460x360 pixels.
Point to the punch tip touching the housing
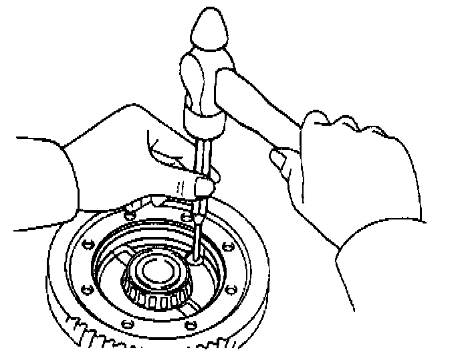tap(195, 258)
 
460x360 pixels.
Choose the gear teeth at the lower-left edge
tap(94, 334)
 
